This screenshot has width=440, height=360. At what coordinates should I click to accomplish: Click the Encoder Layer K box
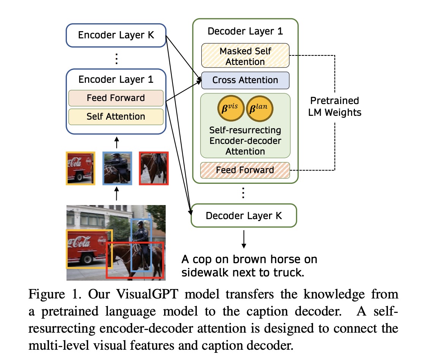pyautogui.click(x=116, y=35)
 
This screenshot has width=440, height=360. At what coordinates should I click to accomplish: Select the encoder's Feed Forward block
pyautogui.click(x=116, y=98)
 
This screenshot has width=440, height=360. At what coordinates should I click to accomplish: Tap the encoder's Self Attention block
pyautogui.click(x=116, y=117)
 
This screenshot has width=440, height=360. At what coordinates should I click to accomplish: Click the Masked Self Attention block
pyautogui.click(x=245, y=56)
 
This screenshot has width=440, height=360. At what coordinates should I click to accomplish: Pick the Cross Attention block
pyautogui.click(x=245, y=80)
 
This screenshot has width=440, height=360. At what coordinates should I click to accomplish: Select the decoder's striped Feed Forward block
pyautogui.click(x=245, y=170)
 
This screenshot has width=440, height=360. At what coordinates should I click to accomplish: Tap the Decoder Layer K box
pyautogui.click(x=244, y=216)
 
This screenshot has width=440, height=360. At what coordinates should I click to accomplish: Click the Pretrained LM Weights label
pyautogui.click(x=334, y=106)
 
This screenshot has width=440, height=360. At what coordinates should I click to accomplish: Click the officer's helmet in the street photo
pyautogui.click(x=140, y=223)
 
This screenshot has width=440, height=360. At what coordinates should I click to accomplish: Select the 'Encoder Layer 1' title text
pyautogui.click(x=116, y=79)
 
